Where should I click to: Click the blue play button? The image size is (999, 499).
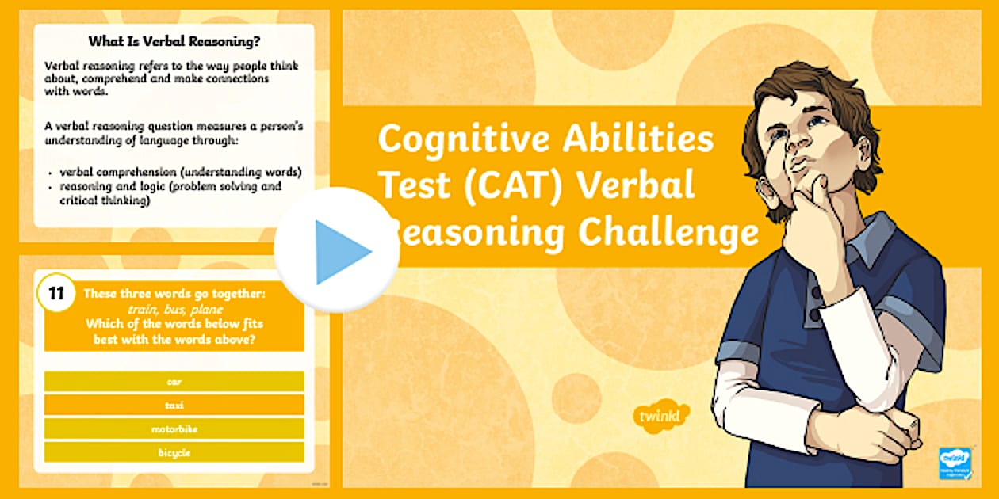point(337,251)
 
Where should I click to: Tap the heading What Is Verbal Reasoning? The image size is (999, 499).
point(174,41)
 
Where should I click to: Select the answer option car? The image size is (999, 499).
point(174,382)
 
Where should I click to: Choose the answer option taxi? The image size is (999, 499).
point(174,405)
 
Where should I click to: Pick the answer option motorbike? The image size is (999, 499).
point(174,429)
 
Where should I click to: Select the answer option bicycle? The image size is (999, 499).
point(174,452)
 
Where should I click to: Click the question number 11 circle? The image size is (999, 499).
point(56,294)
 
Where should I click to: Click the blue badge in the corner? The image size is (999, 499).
point(955,463)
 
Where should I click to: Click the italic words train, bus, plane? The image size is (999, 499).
point(174,310)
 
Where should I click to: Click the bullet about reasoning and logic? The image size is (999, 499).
point(170,193)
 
